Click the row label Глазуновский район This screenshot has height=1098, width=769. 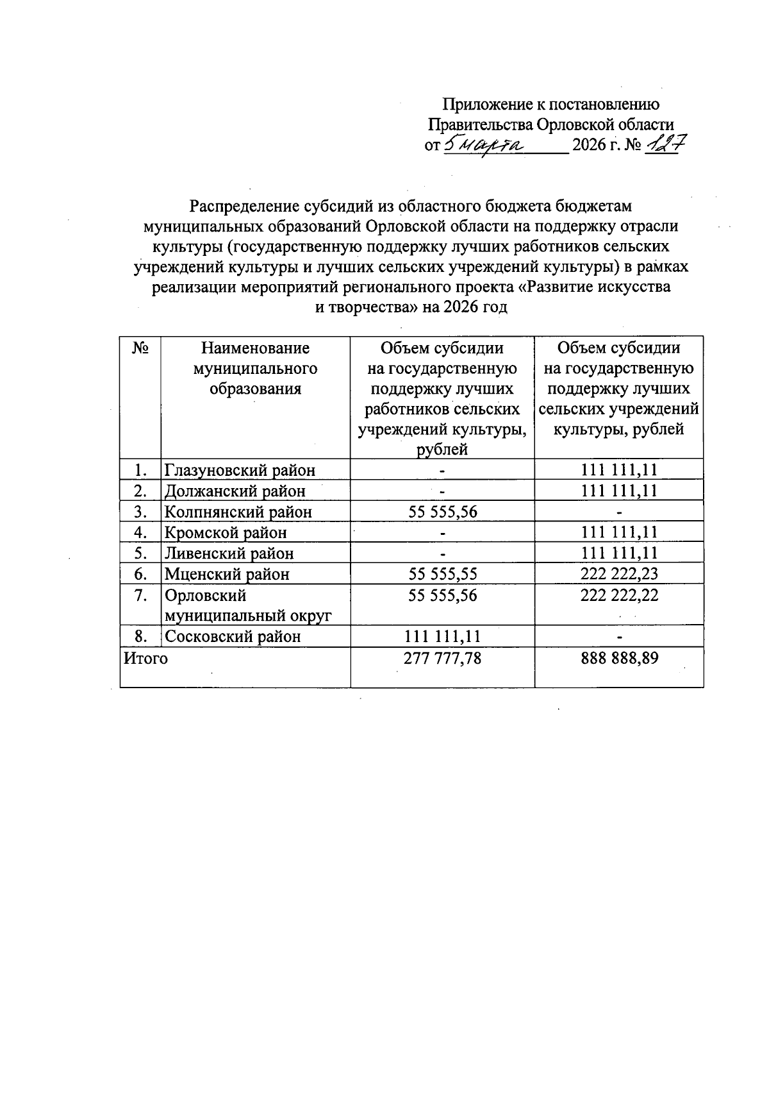tap(240, 470)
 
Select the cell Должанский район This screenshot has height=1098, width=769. tap(235, 491)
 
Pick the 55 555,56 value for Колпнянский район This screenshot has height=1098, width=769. tap(442, 512)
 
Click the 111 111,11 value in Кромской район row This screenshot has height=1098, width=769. tap(619, 532)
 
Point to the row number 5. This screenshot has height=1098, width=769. tap(141, 553)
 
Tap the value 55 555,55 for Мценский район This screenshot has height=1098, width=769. tap(442, 573)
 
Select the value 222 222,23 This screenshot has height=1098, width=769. tap(619, 573)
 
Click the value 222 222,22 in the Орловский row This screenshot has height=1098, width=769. tap(619, 595)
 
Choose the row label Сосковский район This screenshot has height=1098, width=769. tap(233, 636)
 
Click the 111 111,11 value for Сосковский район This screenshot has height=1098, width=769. tap(442, 636)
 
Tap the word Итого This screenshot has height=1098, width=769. tap(146, 658)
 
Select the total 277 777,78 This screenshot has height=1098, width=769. tap(442, 658)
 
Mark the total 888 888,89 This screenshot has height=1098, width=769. tap(619, 658)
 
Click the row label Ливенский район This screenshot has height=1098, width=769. tap(229, 553)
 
